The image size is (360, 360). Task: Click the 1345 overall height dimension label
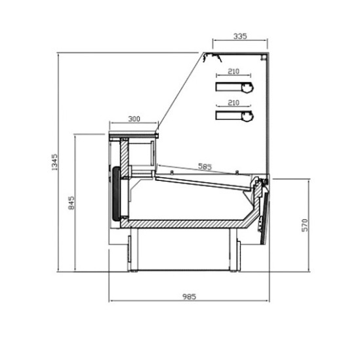pos(54,162)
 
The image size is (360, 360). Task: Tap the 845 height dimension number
pos(71,203)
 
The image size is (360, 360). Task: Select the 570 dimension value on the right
pos(305,225)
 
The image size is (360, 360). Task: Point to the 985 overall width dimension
pos(190,296)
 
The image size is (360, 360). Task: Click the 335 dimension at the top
pos(240,36)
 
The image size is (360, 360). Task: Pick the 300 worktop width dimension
pos(134,119)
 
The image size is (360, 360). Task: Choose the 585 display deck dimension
pos(205,167)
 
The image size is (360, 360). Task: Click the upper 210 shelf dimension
pos(233,71)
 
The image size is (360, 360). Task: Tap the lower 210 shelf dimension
pos(233,103)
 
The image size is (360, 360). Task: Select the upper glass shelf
pos(234,87)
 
